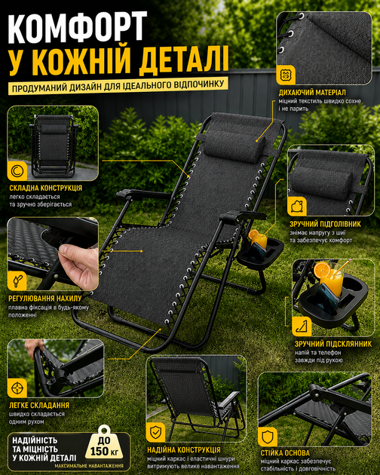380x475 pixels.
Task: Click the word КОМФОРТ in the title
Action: tap(78, 27)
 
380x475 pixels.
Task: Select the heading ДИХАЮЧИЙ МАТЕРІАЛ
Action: tap(312, 93)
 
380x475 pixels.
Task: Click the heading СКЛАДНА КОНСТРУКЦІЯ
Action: tap(46, 188)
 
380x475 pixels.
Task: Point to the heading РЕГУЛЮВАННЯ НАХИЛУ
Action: tap(45, 299)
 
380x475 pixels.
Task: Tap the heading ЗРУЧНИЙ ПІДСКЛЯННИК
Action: tap(333, 344)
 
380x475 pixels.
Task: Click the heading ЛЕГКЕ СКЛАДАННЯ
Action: tap(39, 406)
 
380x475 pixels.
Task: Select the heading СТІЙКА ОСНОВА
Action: tap(285, 453)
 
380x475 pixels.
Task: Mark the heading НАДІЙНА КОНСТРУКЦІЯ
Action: tap(184, 450)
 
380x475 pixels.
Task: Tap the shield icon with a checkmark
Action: tap(156, 432)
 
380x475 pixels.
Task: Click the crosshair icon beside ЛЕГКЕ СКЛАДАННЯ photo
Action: tap(17, 388)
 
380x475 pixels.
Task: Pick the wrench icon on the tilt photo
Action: tap(17, 280)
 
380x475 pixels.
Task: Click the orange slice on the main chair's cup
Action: tap(253, 234)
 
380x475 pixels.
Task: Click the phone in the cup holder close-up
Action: tap(328, 296)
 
